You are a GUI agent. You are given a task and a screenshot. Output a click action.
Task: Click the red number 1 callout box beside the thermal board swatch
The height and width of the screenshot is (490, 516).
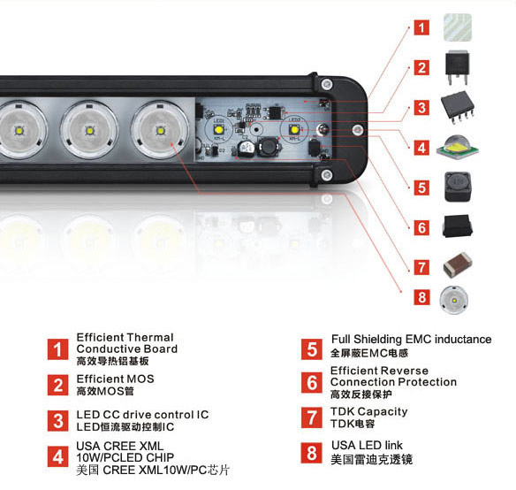click(x=421, y=27)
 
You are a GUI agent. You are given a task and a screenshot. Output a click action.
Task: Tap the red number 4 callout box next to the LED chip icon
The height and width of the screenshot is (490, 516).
click(x=421, y=148)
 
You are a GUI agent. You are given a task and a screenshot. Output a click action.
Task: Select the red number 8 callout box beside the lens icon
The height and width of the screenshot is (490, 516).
click(x=421, y=297)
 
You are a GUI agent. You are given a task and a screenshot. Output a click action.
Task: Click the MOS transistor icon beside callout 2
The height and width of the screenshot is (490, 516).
click(x=457, y=67)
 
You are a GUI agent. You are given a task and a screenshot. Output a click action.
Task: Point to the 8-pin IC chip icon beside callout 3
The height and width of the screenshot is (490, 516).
click(x=458, y=107)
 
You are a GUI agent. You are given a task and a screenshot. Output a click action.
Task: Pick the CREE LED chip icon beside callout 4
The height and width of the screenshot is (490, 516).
click(x=458, y=148)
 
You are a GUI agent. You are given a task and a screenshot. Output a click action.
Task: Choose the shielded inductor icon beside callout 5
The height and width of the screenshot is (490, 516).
click(x=457, y=187)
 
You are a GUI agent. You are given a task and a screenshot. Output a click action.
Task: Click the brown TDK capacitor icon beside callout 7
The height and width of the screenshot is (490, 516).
click(x=458, y=264)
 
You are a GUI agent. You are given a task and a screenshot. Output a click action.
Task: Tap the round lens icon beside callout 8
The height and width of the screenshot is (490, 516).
click(x=454, y=300)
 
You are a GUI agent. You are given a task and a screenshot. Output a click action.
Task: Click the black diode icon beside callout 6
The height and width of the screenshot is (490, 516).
click(x=458, y=226)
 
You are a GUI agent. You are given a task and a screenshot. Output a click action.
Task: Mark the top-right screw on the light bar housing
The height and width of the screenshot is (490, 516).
click(x=326, y=84)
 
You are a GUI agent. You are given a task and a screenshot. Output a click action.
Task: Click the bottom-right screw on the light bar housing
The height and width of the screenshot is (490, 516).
click(x=326, y=174)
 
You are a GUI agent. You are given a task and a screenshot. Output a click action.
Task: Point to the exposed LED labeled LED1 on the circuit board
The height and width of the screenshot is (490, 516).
click(x=219, y=130)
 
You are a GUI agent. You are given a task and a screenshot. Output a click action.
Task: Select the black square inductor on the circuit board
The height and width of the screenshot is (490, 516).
click(x=269, y=147)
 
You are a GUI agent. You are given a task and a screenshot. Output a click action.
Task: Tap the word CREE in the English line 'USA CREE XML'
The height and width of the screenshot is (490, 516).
click(x=120, y=446)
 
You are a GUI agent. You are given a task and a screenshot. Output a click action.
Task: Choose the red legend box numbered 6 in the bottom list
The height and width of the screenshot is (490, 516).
click(x=312, y=382)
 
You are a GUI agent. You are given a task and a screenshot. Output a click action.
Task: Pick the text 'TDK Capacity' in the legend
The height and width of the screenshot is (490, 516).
click(x=369, y=411)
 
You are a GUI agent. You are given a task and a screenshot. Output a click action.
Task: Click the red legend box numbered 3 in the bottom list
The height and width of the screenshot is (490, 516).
click(x=58, y=420)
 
